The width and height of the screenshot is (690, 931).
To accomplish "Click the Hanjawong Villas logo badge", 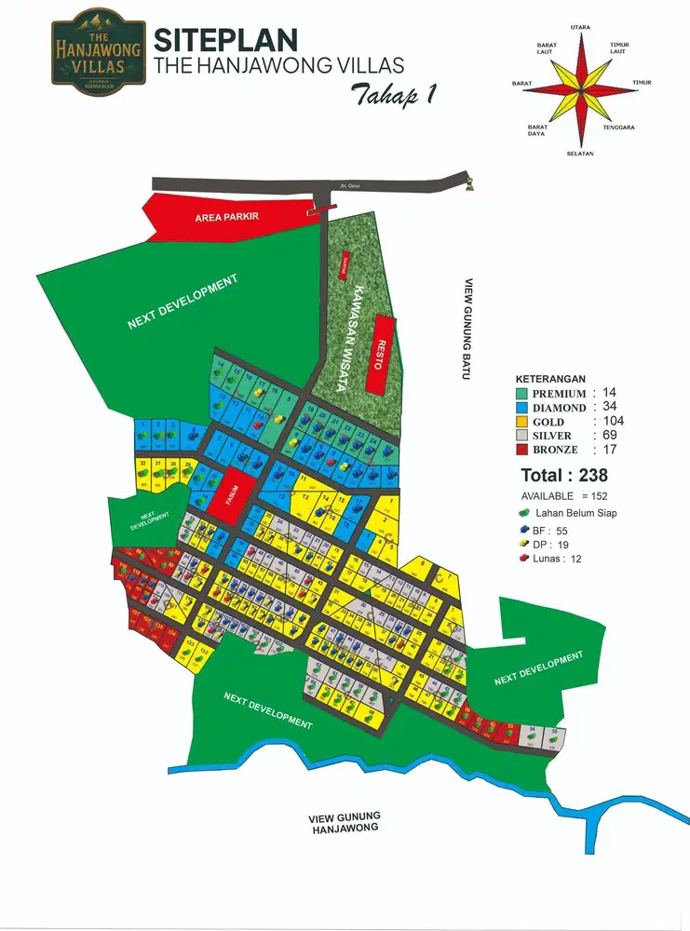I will point(97,48).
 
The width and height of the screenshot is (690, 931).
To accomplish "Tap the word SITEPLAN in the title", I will point(225,39).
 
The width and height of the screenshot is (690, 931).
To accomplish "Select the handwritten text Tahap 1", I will point(394,94).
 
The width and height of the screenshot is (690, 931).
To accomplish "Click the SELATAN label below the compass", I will point(580,154).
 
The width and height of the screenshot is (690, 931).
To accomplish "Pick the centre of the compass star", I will point(581,89).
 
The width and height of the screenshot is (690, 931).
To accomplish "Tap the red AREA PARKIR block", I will point(227,217).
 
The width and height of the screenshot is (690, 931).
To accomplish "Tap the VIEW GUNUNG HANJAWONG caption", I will point(344,823).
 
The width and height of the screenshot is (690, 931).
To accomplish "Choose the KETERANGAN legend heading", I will point(550,379).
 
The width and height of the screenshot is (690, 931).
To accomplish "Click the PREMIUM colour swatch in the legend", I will point(521,393).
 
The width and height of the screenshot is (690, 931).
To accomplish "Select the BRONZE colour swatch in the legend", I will point(521,450).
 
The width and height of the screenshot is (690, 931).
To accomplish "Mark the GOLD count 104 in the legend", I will point(612,421).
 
